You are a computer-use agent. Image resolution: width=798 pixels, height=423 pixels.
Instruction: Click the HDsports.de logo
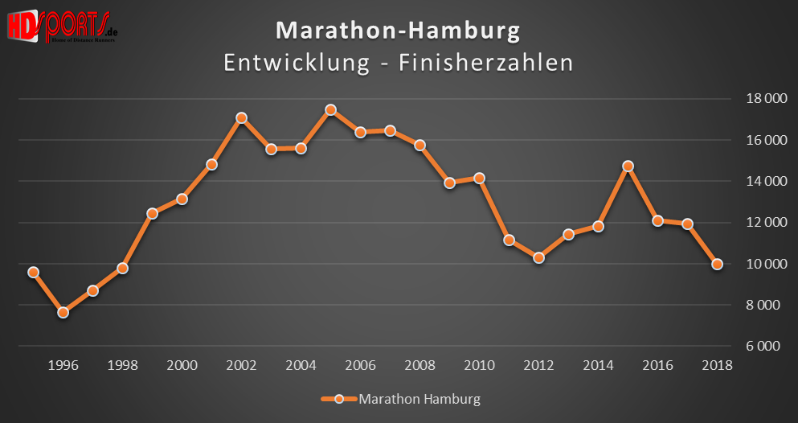(62, 26)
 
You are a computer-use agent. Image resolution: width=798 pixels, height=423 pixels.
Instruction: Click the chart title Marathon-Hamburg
(398, 31)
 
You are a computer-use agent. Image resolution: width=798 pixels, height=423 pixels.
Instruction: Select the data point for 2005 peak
(330, 109)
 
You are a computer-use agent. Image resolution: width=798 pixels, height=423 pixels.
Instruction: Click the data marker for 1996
(63, 312)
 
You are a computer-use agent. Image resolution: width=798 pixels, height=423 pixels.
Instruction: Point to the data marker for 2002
(241, 118)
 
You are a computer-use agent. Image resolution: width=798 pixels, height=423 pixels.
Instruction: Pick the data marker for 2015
(628, 166)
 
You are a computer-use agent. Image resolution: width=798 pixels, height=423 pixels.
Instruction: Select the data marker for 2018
(717, 264)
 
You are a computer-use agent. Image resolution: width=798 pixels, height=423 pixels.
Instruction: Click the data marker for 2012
(539, 258)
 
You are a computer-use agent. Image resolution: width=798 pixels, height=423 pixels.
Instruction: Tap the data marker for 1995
(34, 272)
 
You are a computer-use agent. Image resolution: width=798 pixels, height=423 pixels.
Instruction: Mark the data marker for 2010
(480, 178)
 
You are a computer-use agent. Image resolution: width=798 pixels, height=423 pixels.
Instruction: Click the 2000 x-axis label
(182, 365)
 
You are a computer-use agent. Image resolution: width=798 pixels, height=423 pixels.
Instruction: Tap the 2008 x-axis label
(419, 365)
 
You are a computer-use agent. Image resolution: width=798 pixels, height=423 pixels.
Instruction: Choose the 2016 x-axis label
(657, 365)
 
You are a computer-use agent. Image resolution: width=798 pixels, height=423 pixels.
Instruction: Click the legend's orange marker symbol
(338, 399)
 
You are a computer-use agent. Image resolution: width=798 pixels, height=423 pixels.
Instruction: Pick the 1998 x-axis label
(122, 365)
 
